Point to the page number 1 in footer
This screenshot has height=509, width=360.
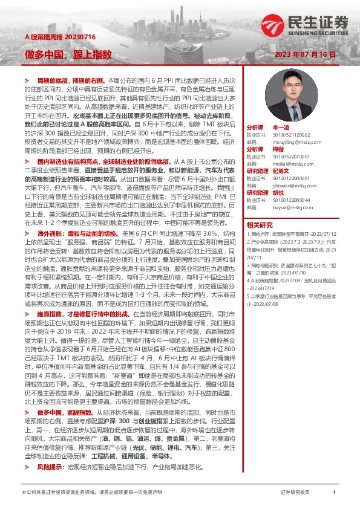point(334,493)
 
